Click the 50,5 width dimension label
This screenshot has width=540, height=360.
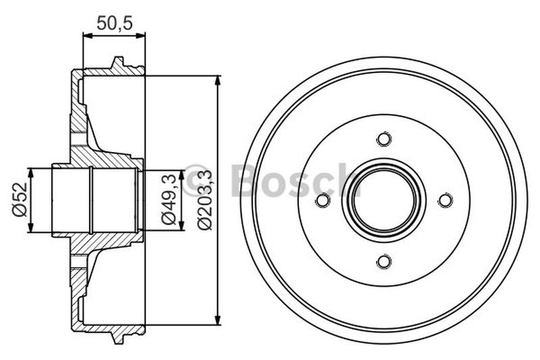tap(113, 23)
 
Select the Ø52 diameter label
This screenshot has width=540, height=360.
tap(20, 199)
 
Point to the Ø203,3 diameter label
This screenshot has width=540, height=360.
tap(205, 200)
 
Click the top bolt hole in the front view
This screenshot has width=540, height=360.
tap(383, 140)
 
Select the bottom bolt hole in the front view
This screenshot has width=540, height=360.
tap(383, 261)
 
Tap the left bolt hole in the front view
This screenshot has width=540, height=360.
tap(323, 201)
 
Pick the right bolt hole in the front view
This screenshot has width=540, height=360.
tap(444, 201)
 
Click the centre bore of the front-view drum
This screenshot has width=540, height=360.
tap(383, 201)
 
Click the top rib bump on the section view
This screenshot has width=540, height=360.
tap(119, 64)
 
